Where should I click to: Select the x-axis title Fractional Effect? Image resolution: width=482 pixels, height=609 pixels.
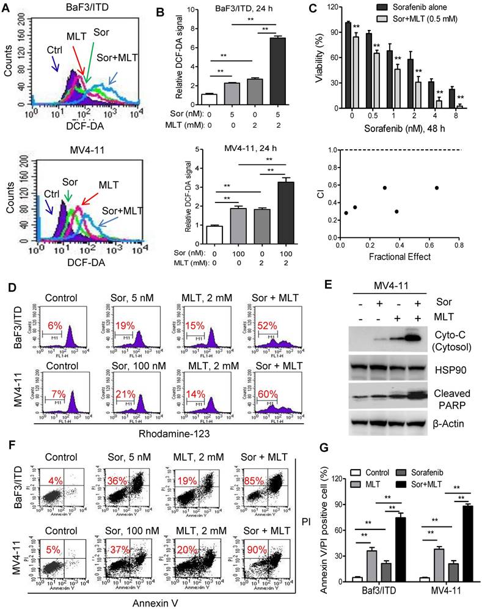pyautogui.click(x=400, y=257)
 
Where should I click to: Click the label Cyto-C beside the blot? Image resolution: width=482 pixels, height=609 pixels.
pyautogui.click(x=445, y=335)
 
